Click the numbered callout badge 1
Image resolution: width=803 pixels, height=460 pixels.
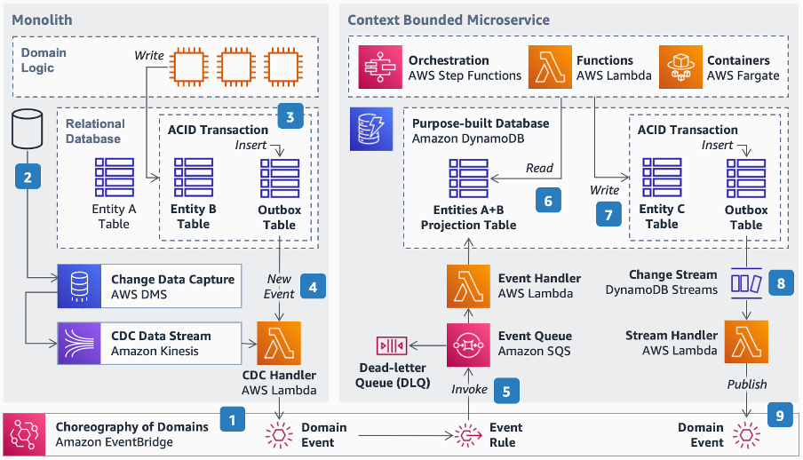[x=233, y=417]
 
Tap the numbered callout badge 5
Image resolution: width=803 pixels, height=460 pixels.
[x=505, y=389]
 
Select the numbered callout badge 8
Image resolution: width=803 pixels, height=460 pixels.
[x=780, y=283]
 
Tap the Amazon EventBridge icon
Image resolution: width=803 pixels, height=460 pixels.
[x=26, y=434]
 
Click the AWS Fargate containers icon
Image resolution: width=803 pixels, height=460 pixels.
[x=680, y=67]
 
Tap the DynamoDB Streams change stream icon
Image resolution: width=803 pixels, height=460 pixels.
[x=745, y=283]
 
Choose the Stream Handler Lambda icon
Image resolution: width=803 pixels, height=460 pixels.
[x=746, y=343]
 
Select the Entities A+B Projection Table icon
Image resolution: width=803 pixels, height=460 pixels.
[x=468, y=178]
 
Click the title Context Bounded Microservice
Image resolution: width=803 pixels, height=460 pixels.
[x=448, y=20]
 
